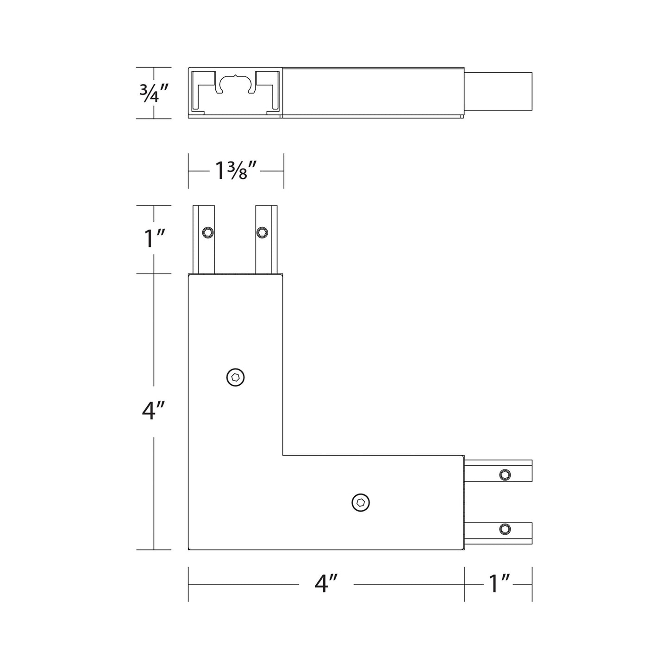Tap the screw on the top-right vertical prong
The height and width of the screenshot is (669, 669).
click(x=263, y=232)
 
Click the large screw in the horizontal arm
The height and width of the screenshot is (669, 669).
click(x=361, y=502)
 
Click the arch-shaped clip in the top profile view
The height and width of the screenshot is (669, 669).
click(x=237, y=83)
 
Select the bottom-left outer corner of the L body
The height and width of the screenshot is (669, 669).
click(x=189, y=550)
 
